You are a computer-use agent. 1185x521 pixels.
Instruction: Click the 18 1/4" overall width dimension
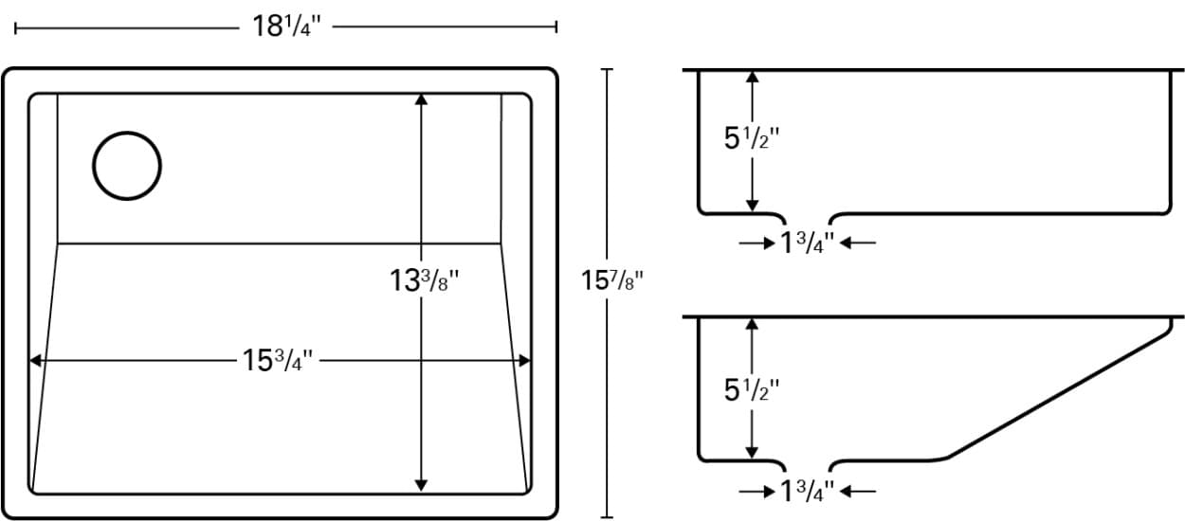286,26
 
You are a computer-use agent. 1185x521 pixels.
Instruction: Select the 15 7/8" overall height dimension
612,280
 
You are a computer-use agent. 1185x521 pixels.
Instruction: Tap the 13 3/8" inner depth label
425,280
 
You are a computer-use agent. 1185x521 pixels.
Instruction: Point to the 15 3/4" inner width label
278,360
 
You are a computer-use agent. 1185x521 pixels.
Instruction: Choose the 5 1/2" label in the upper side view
752,138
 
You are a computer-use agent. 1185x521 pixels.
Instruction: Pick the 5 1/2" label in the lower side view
752,390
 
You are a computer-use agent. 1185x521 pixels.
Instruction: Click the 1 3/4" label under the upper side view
808,243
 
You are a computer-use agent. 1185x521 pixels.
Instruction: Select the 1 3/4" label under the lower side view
808,492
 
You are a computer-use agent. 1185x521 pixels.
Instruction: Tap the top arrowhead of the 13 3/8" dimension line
421,99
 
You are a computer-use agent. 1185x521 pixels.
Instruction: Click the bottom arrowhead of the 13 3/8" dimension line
421,485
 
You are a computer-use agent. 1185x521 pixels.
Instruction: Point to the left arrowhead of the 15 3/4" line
35,361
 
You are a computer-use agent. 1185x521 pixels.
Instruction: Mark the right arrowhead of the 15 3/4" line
524,361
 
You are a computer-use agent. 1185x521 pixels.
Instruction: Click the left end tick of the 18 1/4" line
15,28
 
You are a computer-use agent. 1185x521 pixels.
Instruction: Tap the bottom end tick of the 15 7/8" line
607,517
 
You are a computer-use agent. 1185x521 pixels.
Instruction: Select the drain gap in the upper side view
808,219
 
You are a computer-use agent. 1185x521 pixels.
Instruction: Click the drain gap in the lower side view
808,467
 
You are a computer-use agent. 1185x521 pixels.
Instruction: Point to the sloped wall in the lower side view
1058,392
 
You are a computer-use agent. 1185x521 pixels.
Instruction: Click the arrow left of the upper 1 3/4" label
757,243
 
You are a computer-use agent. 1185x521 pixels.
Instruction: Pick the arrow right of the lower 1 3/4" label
858,492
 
